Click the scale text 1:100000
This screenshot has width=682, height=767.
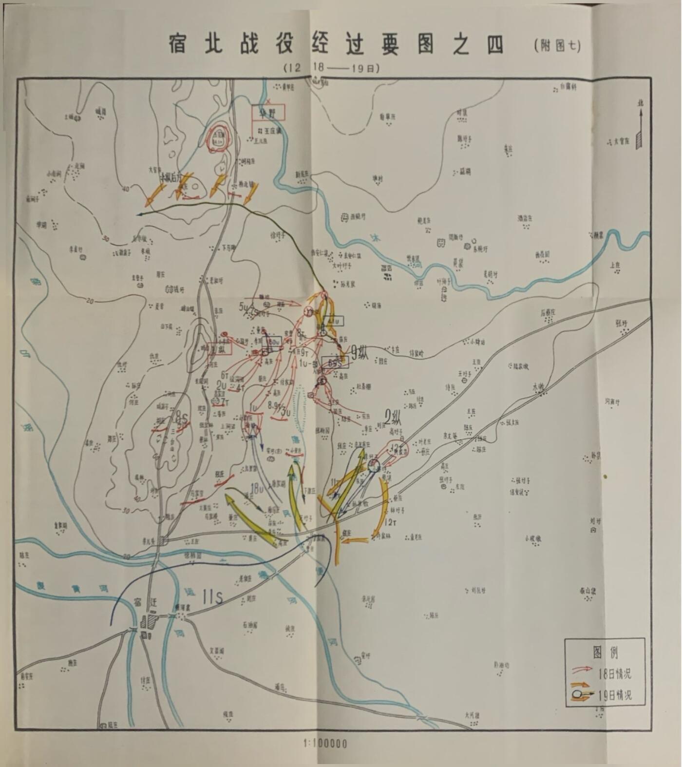pos(325,744)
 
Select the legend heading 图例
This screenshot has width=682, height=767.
pos(605,652)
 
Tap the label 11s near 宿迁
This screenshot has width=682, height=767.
pos(212,596)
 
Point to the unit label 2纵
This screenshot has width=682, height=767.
pos(394,417)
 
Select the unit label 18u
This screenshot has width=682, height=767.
pos(256,488)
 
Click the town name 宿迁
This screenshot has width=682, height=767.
pos(145,602)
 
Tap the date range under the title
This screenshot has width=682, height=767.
pos(331,68)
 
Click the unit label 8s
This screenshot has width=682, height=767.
pos(181,417)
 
